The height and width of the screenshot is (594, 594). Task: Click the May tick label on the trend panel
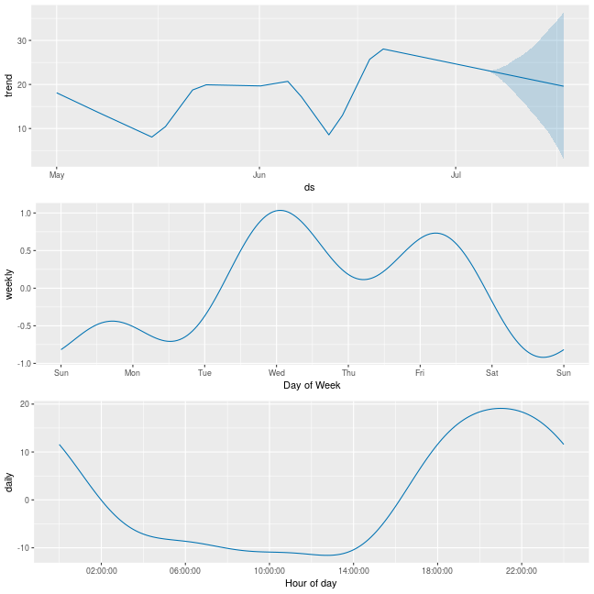[x=57, y=175]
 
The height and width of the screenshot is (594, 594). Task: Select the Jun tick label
[x=259, y=175]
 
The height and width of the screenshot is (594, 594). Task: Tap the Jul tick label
[x=456, y=175]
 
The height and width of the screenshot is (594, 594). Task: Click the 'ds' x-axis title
[x=309, y=187]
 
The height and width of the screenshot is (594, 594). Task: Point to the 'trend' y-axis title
[x=9, y=85]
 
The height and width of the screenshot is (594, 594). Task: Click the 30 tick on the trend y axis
[x=22, y=40]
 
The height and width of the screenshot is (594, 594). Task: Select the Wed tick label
[x=277, y=373]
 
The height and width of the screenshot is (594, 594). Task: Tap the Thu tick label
[x=348, y=373]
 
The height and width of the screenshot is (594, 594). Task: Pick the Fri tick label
[x=420, y=373]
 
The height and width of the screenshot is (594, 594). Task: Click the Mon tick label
[x=132, y=373]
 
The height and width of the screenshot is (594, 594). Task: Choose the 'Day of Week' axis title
[x=312, y=385]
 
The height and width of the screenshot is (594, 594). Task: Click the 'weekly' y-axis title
[x=9, y=284]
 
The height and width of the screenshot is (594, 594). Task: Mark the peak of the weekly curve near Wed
[x=280, y=210]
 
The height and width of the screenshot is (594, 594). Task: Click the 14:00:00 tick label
[x=354, y=570]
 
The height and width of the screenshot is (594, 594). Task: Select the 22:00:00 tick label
[x=522, y=570]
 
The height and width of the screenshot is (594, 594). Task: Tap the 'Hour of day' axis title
[x=311, y=583]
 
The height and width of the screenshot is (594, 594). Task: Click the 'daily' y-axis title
[x=9, y=482]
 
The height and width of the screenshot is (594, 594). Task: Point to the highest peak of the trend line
[x=383, y=49]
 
